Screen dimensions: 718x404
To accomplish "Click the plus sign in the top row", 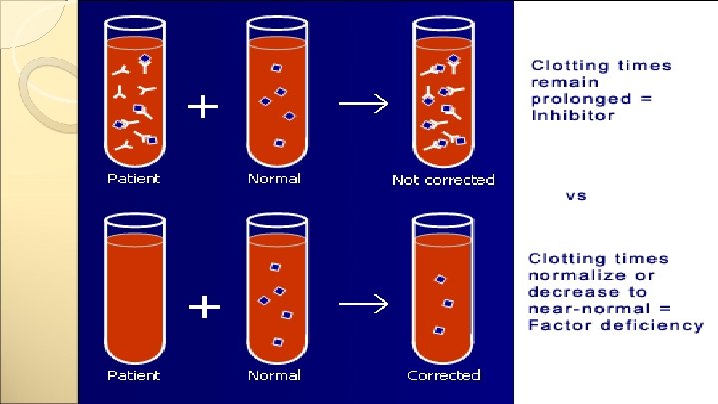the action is tap(204, 107).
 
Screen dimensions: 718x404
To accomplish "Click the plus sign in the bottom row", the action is tap(204, 307).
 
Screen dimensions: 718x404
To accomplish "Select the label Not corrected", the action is tap(443, 180).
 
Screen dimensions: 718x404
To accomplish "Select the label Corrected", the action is tap(443, 375).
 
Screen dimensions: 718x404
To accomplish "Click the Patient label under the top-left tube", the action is tap(133, 179).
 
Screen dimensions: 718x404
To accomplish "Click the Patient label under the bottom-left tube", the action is tap(133, 375).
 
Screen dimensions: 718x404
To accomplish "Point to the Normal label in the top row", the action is tap(274, 179).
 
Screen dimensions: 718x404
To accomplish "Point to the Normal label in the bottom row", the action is tap(274, 375).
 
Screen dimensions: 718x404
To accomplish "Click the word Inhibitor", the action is tap(572, 115).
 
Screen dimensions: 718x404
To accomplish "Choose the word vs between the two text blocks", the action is tap(576, 195).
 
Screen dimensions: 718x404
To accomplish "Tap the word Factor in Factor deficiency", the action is tap(556, 326).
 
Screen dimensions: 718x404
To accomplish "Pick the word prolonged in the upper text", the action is tap(580, 98).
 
